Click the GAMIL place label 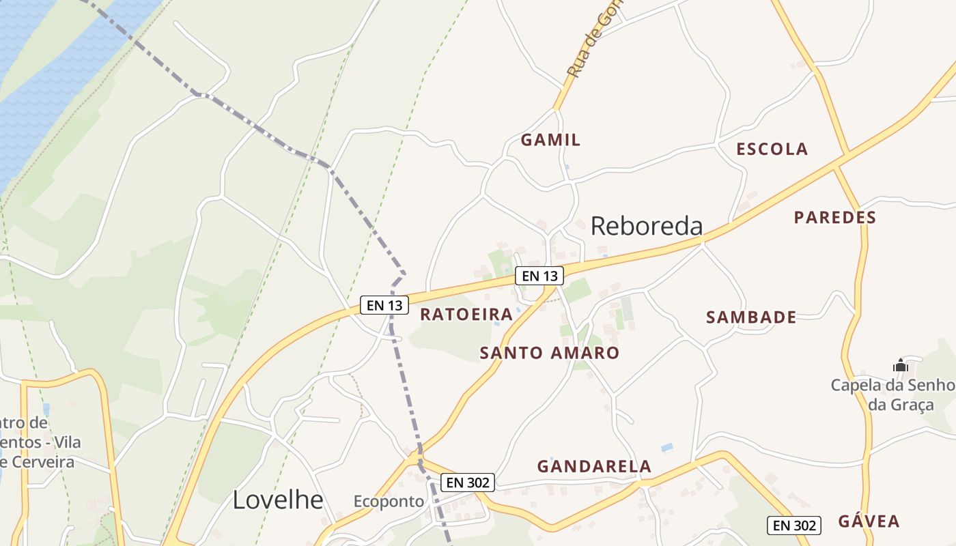pyautogui.click(x=550, y=140)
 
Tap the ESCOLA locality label pyautogui.click(x=772, y=149)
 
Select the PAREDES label pyautogui.click(x=834, y=218)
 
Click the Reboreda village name pyautogui.click(x=646, y=226)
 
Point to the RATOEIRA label pyautogui.click(x=466, y=315)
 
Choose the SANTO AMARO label pyautogui.click(x=549, y=353)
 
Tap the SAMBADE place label pyautogui.click(x=751, y=317)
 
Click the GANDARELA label pyautogui.click(x=594, y=467)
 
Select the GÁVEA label pyautogui.click(x=869, y=521)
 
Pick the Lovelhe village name pyautogui.click(x=278, y=500)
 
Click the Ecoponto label pyautogui.click(x=389, y=502)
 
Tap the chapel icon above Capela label pyautogui.click(x=900, y=366)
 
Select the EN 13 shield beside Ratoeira pyautogui.click(x=384, y=305)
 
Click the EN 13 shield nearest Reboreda pyautogui.click(x=539, y=276)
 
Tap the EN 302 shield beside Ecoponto pyautogui.click(x=467, y=483)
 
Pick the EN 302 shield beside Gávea pyautogui.click(x=794, y=526)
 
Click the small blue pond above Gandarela pyautogui.click(x=666, y=448)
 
